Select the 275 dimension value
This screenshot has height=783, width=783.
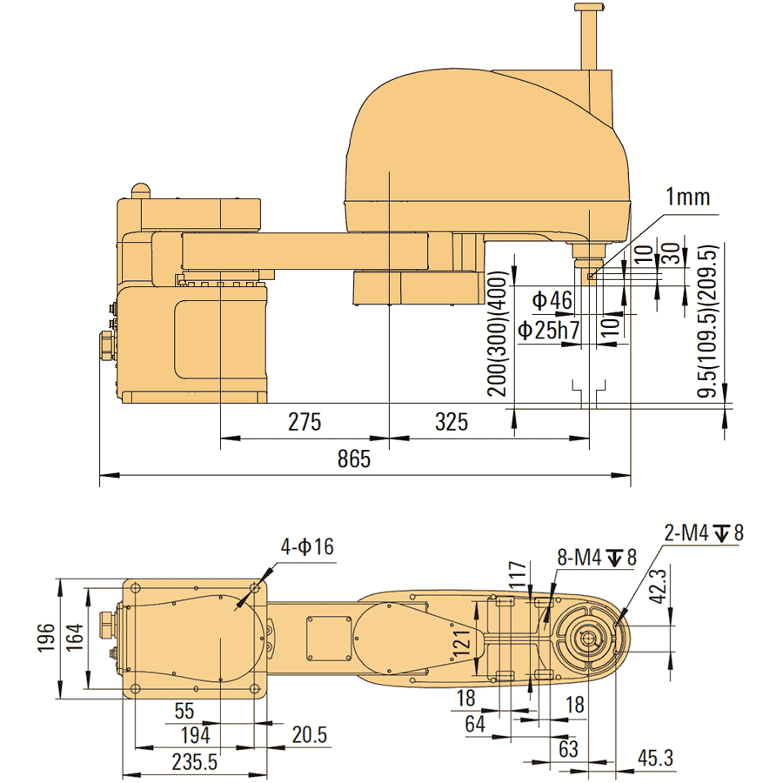click(x=304, y=422)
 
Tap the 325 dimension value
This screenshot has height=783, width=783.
click(x=451, y=422)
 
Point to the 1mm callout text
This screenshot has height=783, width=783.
click(x=688, y=197)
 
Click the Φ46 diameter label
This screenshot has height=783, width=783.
click(x=552, y=301)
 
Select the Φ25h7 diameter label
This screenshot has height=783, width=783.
click(x=549, y=330)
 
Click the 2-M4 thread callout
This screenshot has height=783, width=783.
click(x=705, y=532)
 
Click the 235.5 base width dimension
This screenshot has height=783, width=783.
click(x=195, y=762)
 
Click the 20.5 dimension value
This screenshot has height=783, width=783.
click(x=309, y=735)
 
